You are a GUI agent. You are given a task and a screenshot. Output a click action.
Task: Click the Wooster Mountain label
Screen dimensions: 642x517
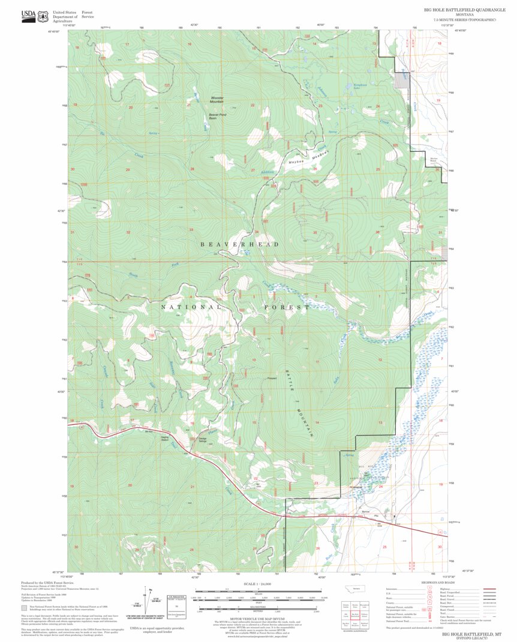pyautogui.click(x=217, y=100)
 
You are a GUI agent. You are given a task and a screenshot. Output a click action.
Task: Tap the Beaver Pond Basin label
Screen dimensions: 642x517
pyautogui.click(x=217, y=116)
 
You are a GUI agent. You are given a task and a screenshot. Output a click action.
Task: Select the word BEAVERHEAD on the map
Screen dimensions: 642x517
pyautogui.click(x=239, y=245)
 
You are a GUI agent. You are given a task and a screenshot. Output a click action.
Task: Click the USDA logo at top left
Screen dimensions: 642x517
pyautogui.click(x=28, y=16)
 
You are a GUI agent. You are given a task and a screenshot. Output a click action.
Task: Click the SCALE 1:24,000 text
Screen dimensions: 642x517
pyautogui.click(x=258, y=584)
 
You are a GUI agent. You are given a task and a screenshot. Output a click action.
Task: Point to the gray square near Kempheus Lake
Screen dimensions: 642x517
pyautogui.click(x=400, y=80)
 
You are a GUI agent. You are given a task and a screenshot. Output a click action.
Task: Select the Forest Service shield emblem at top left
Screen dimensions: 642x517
pyautogui.click(x=43, y=16)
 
